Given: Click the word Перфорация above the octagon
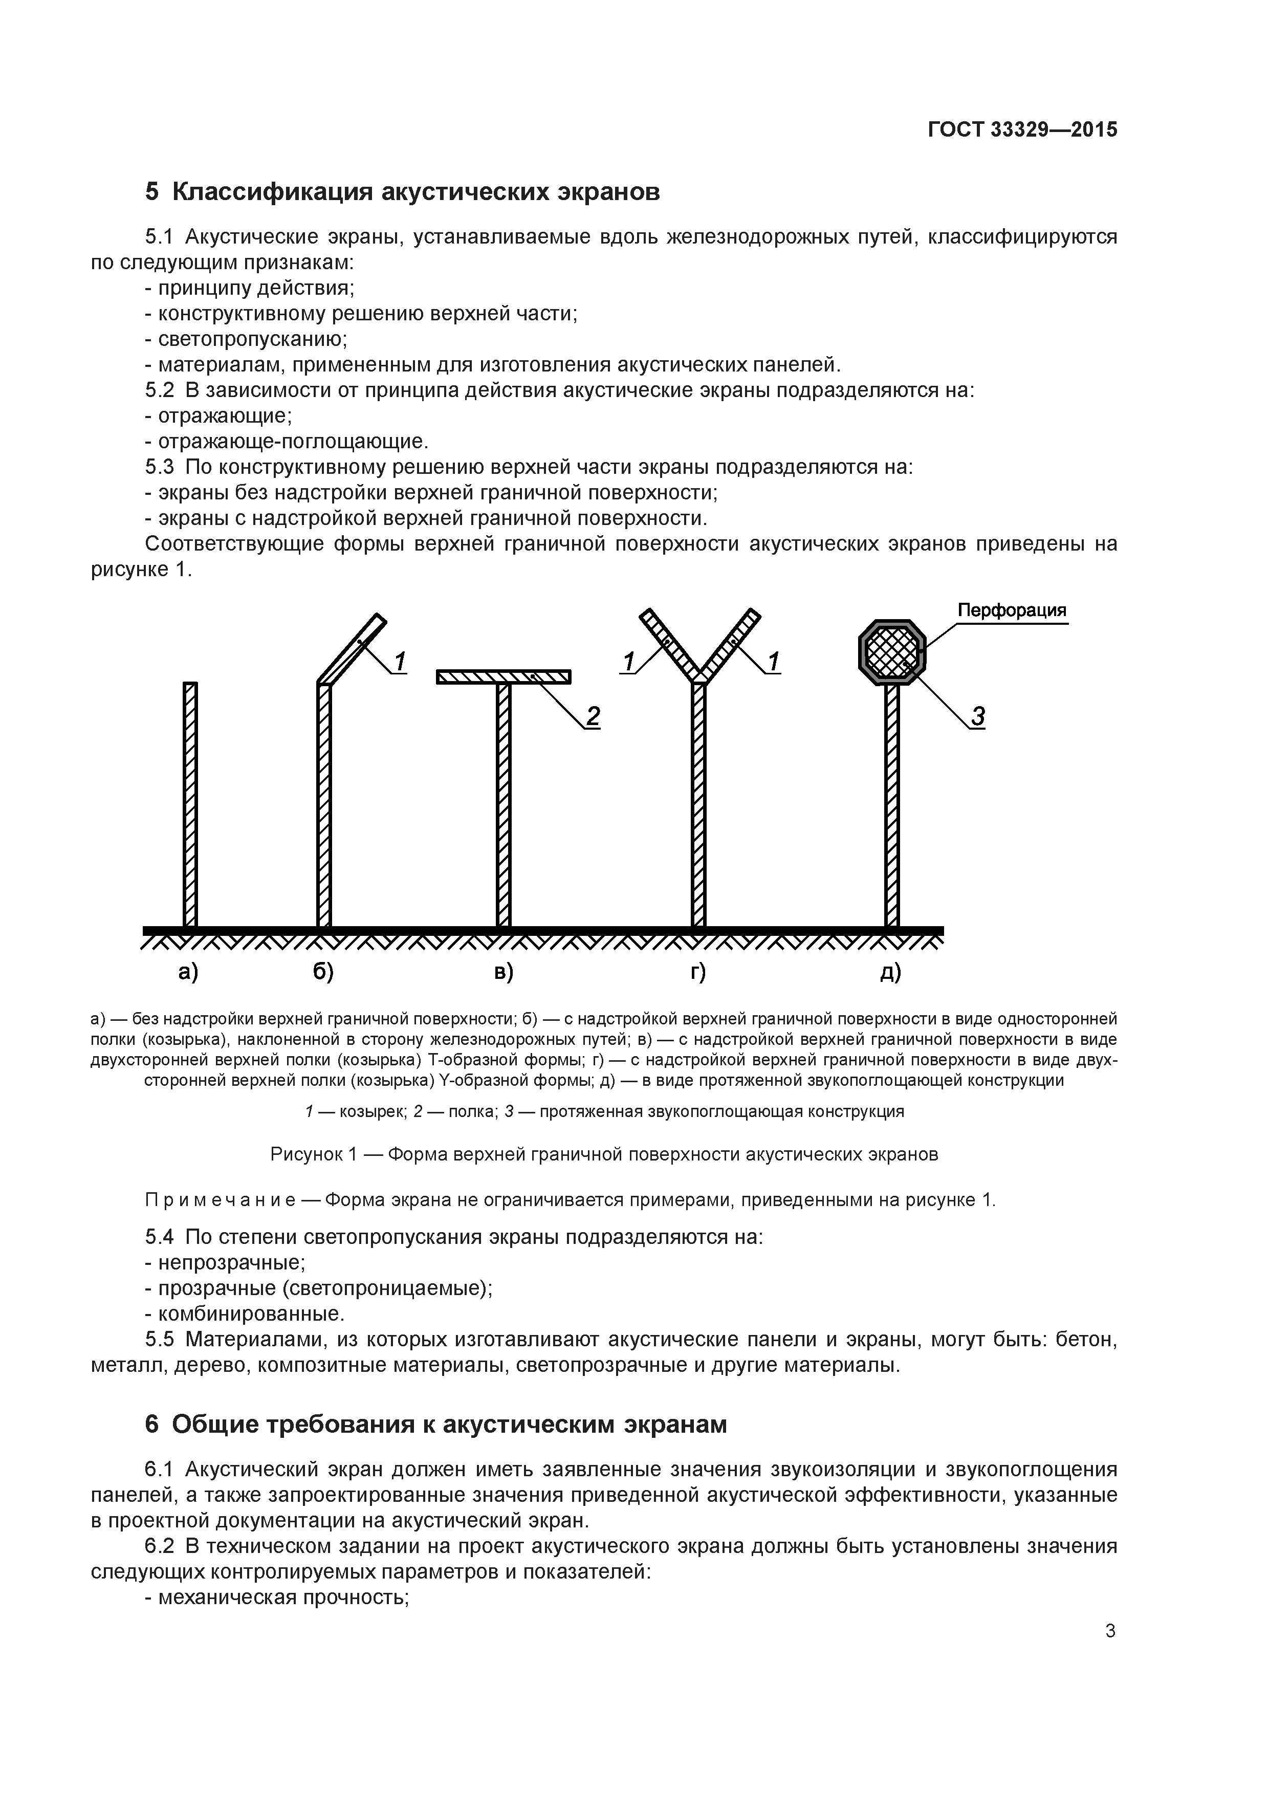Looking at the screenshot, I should click(x=1012, y=610).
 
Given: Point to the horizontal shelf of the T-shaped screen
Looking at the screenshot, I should click(x=504, y=676).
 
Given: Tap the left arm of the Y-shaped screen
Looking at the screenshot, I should click(x=671, y=643).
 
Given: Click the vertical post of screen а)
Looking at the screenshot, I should click(x=190, y=805).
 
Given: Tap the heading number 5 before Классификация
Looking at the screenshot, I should click(x=151, y=191).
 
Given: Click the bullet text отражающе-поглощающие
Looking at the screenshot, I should click(x=293, y=442).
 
